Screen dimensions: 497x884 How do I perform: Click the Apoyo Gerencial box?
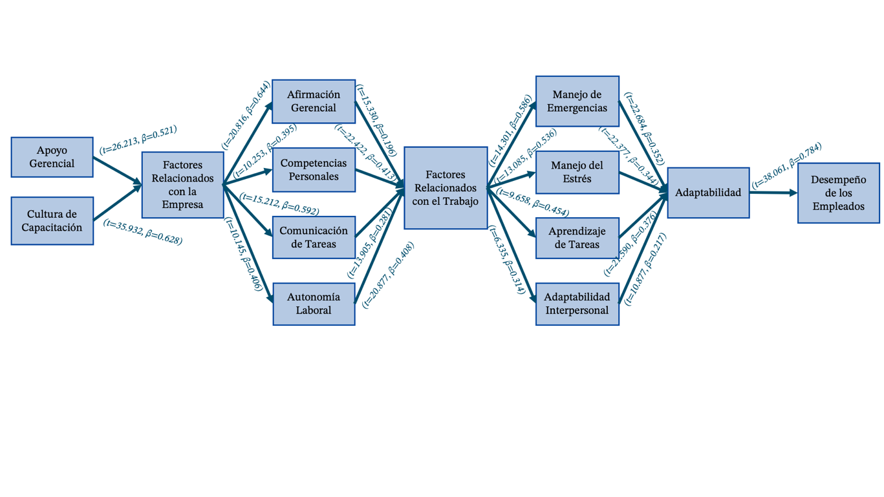(52, 157)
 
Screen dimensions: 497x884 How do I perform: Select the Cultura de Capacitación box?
(52, 221)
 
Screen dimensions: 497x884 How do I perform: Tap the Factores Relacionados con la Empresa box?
(182, 185)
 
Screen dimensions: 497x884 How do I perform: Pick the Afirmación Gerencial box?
(314, 101)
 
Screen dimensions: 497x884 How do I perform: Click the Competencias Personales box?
(314, 170)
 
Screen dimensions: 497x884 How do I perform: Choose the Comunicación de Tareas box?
(314, 237)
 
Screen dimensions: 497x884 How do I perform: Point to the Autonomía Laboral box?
(314, 304)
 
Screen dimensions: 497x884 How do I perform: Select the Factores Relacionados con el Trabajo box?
(446, 188)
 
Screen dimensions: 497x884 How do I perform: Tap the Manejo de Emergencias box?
(577, 101)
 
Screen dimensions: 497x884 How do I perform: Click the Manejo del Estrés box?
(577, 172)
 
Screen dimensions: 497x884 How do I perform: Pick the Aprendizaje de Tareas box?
(577, 238)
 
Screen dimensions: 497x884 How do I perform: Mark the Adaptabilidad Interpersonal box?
(577, 304)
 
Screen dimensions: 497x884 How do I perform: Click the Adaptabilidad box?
(708, 193)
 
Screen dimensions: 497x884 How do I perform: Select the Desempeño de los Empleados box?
(838, 193)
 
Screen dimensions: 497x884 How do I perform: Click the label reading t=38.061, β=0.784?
(787, 165)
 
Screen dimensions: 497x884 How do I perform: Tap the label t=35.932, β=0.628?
(143, 231)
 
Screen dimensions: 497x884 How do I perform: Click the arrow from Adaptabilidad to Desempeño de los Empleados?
(773, 193)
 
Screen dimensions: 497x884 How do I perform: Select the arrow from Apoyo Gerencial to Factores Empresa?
(118, 171)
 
